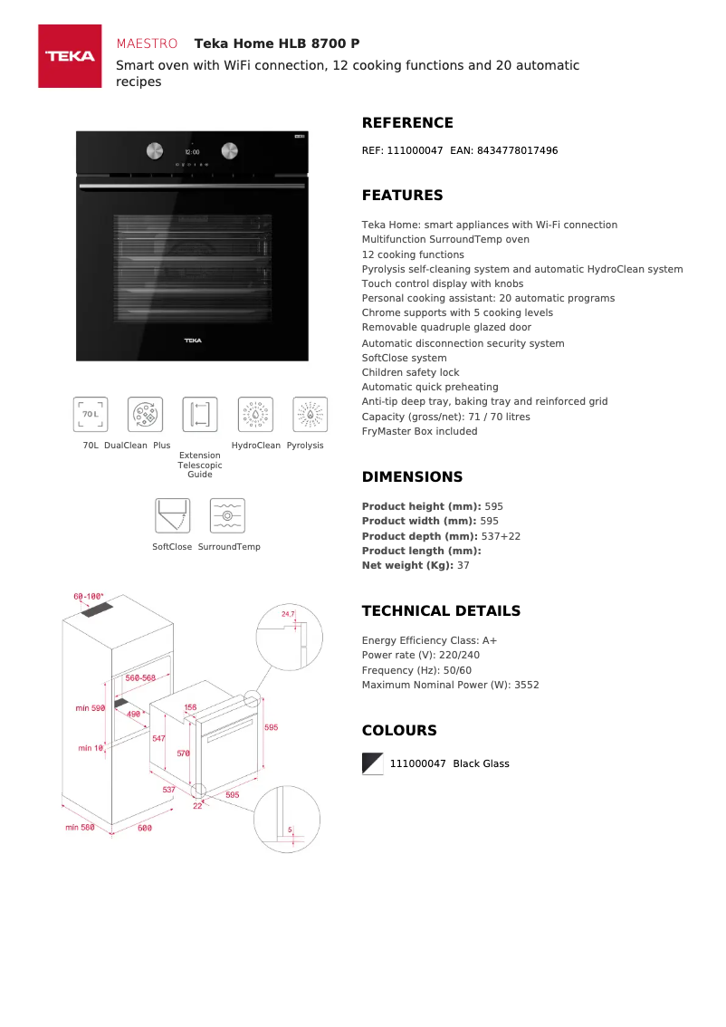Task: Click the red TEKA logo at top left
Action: pos(70,56)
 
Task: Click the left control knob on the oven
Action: pos(155,150)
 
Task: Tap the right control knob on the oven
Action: pos(230,150)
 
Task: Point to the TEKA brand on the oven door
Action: pos(193,341)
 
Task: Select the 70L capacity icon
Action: pos(91,414)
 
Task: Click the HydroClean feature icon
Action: pos(255,414)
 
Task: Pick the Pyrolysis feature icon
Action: pos(310,414)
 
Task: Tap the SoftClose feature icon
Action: pos(172,515)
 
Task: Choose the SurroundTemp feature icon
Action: pos(227,515)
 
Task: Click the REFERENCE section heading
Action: pos(407,123)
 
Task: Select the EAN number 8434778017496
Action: pos(518,150)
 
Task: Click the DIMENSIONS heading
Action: pos(412,477)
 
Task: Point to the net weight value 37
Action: pos(463,565)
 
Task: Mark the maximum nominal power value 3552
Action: pos(526,685)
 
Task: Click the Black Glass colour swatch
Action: pos(373,763)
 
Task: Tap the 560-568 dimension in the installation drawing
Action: pos(141,677)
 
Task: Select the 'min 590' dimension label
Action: pos(91,707)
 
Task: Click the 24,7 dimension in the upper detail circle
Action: pos(288,614)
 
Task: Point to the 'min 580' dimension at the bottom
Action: pos(80,827)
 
